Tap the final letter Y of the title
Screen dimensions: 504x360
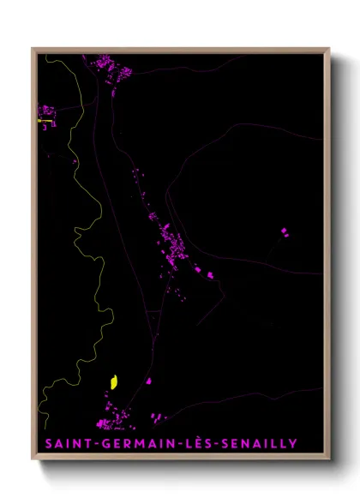(x=293, y=444)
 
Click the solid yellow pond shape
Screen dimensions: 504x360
(x=113, y=381)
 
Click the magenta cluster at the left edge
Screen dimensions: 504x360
(x=46, y=111)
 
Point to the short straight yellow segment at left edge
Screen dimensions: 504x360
(x=44, y=121)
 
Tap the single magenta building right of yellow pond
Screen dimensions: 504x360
(x=148, y=381)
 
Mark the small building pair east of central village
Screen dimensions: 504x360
(x=207, y=273)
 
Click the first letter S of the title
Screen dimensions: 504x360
(x=47, y=444)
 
